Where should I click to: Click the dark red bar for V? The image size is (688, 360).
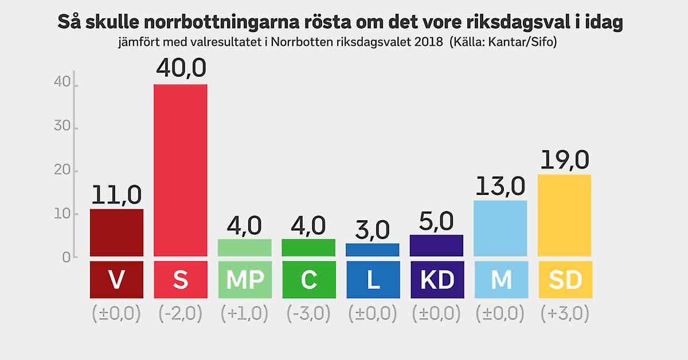pyautogui.click(x=116, y=233)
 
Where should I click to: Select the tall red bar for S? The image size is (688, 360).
pyautogui.click(x=181, y=170)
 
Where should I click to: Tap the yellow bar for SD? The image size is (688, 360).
pyautogui.click(x=564, y=215)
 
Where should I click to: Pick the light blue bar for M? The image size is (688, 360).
pyautogui.click(x=501, y=228)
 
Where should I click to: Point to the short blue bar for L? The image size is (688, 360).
pyautogui.click(x=373, y=249)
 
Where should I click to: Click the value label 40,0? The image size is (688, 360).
pyautogui.click(x=181, y=69)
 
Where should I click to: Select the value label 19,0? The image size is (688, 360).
pyautogui.click(x=564, y=159)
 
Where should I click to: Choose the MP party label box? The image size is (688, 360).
pyautogui.click(x=245, y=280)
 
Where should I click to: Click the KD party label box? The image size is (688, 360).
pyautogui.click(x=437, y=280)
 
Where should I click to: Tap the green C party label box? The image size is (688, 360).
pyautogui.click(x=308, y=280)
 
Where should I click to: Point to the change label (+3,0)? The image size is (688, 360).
pyautogui.click(x=565, y=314)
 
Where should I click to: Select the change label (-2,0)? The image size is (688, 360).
pyautogui.click(x=181, y=314)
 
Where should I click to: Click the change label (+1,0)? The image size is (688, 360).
pyautogui.click(x=245, y=314)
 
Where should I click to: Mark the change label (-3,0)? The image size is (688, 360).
pyautogui.click(x=308, y=314)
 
